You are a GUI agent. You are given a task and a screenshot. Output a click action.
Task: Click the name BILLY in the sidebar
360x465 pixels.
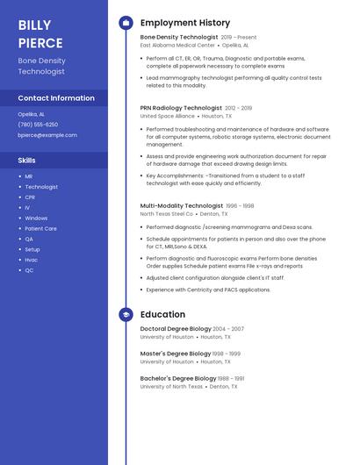34,25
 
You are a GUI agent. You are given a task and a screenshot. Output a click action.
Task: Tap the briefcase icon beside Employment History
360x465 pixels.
126,23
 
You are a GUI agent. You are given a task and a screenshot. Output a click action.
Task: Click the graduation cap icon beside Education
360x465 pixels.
126,314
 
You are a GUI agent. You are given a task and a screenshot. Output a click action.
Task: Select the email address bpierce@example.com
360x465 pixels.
47,135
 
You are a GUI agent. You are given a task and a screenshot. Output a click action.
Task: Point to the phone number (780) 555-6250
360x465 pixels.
38,125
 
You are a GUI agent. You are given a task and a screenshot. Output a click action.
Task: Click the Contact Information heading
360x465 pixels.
56,98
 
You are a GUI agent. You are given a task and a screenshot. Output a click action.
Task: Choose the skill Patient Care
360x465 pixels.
40,228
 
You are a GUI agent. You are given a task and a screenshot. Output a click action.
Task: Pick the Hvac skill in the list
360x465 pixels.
31,260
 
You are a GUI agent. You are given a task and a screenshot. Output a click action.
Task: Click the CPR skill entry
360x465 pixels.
30,197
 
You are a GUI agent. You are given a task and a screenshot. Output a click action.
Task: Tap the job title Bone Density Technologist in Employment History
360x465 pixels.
179,38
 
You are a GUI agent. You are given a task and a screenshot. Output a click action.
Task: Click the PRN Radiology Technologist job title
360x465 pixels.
181,108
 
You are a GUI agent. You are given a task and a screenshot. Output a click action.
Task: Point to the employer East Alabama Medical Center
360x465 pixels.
177,45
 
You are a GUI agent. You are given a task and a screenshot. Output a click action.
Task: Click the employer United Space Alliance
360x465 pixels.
168,116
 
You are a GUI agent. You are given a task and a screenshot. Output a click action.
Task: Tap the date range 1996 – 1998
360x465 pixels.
240,206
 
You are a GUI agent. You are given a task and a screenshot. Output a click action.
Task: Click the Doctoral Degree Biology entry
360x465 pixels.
176,329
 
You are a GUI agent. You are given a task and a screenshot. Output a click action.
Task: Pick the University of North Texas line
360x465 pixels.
171,386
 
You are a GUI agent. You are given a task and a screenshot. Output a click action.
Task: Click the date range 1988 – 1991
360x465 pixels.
227,378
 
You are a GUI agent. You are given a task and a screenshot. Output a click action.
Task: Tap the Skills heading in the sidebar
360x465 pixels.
27,161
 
